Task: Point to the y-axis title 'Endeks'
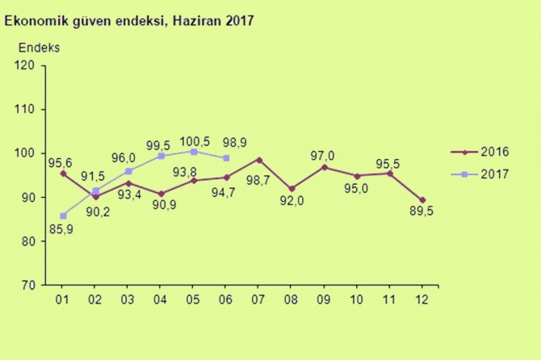tap(38, 47)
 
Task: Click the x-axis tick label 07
tap(259, 300)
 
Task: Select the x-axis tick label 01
tap(63, 300)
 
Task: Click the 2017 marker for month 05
tap(194, 151)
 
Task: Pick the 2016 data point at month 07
tap(259, 160)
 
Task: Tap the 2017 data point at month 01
tap(63, 216)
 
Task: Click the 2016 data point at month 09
tap(325, 167)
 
